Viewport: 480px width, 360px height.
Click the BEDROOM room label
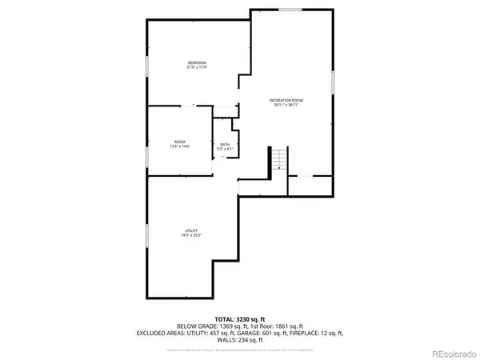tap(198, 62)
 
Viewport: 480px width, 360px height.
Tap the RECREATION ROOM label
tap(286, 100)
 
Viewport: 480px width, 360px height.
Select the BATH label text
tap(225, 144)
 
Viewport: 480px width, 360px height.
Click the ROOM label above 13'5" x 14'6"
tap(180, 142)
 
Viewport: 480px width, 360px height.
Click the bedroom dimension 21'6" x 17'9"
tap(198, 67)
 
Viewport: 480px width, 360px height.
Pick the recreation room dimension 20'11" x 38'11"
tap(286, 105)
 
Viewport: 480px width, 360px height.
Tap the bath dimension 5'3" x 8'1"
tap(225, 149)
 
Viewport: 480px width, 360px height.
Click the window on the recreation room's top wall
tap(290, 10)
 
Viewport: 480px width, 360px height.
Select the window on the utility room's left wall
tap(146, 235)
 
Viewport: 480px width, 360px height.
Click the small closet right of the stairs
tap(310, 185)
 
